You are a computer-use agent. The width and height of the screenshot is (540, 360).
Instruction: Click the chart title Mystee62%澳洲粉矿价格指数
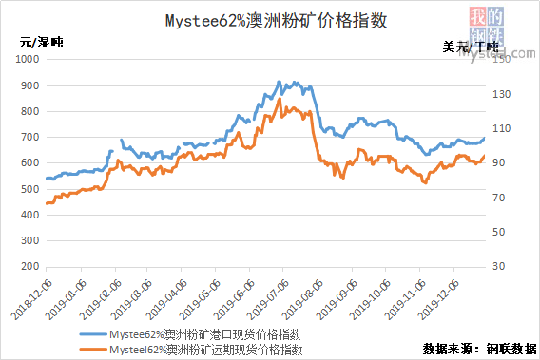point(269,20)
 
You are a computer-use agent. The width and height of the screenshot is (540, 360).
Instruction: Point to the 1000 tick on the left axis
point(28,59)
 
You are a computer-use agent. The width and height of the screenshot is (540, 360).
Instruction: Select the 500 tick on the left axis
point(30,190)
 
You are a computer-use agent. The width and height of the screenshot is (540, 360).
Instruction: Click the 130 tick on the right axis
point(502,93)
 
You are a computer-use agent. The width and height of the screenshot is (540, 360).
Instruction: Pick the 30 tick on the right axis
point(500,267)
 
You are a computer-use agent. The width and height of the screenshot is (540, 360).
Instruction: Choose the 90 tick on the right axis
point(500,163)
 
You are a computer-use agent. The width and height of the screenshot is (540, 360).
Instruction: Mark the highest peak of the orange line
point(280,99)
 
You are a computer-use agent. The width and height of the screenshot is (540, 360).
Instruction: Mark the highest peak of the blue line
point(279,82)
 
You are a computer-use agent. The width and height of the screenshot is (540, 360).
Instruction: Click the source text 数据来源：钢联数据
point(480,349)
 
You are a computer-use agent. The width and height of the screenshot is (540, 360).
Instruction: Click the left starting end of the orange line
point(46,203)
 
